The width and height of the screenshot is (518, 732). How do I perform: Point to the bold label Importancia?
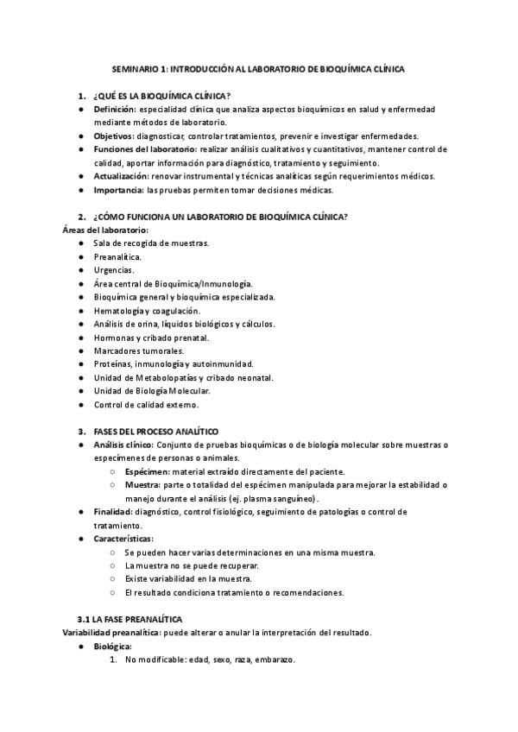tap(119, 189)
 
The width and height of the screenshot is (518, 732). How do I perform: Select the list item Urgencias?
tap(114, 270)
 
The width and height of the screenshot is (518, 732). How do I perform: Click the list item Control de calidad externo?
tap(146, 404)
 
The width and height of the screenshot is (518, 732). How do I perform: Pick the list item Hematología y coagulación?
tap(147, 310)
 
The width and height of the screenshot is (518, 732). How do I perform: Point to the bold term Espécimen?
tap(147, 471)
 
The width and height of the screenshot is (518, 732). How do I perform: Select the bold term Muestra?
tap(142, 485)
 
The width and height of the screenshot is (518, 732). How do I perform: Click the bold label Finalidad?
tap(112, 512)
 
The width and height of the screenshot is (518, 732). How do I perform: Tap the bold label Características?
tap(123, 539)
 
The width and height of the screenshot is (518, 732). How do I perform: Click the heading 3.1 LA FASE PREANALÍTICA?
tap(129, 619)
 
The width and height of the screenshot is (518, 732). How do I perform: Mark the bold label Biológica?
tap(113, 646)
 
